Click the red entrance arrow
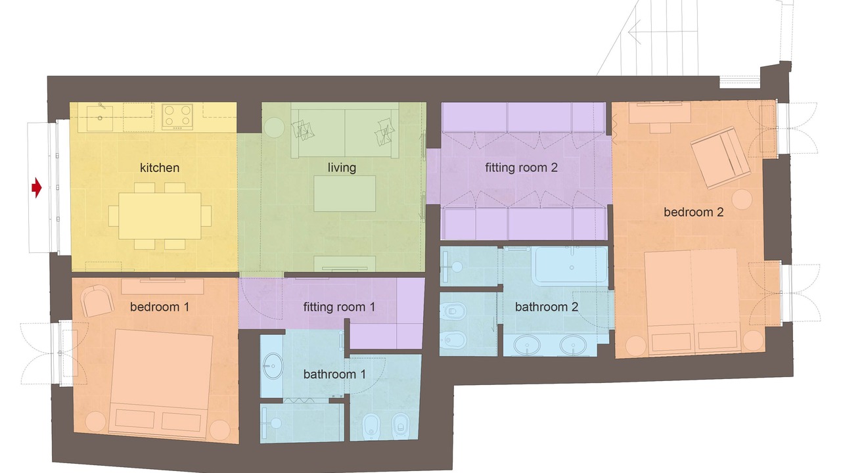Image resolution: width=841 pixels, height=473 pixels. click(x=36, y=188)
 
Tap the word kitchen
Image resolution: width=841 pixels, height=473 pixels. click(x=160, y=168)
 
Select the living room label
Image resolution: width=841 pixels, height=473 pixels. click(x=342, y=168)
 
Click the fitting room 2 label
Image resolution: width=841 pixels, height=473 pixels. click(x=521, y=168)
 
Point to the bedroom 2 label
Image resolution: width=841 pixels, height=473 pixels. click(x=693, y=212)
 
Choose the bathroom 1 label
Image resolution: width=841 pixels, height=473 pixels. click(x=334, y=374)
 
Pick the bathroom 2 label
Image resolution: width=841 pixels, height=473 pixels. click(x=546, y=307)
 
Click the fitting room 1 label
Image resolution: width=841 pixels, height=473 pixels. click(x=340, y=307)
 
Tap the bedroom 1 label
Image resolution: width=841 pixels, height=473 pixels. click(x=160, y=307)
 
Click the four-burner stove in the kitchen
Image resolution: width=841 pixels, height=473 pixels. click(x=177, y=117)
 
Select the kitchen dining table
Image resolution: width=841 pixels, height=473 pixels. click(x=160, y=216)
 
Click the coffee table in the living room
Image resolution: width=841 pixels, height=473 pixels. click(x=345, y=194)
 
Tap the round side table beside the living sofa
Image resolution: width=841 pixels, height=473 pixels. click(x=275, y=127)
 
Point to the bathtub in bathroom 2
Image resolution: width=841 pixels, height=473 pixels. click(x=572, y=265)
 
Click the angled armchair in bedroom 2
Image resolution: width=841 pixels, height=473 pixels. click(x=720, y=158)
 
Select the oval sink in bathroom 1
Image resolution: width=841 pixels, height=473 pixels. click(x=273, y=366)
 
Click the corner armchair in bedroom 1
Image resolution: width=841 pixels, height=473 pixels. click(x=97, y=301)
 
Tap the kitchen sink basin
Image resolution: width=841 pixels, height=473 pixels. click(x=100, y=118)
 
